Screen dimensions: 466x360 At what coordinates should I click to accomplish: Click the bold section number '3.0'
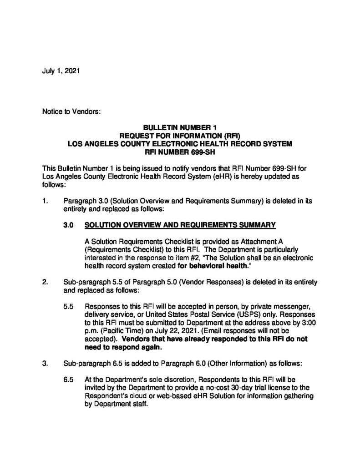[x=69, y=225]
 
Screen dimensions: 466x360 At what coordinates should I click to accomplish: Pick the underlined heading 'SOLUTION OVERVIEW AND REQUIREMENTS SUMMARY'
[x=181, y=225]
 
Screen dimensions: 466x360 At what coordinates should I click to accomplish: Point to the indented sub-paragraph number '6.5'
[x=69, y=379]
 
